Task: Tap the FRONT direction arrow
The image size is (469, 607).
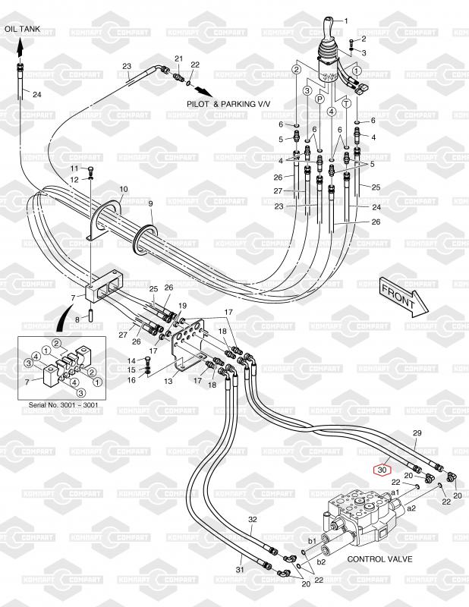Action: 401,296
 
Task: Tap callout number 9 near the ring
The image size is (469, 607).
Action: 150,203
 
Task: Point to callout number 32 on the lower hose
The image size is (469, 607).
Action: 253,520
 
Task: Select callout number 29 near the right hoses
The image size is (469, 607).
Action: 416,433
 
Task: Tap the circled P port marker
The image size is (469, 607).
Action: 319,99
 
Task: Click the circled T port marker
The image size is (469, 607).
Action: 345,102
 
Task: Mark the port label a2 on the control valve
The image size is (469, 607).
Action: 411,508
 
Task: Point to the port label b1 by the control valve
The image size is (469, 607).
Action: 311,541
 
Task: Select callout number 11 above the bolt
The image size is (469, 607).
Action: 74,168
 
